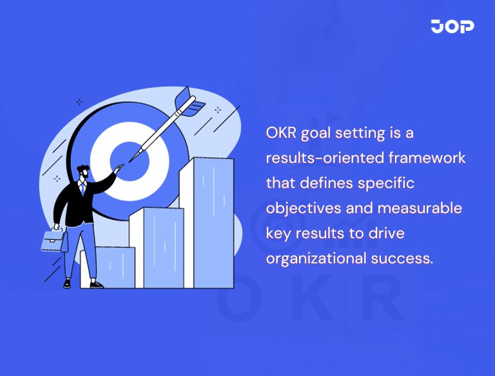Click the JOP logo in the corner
point(452,26)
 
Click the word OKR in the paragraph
point(281,133)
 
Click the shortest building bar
point(116,267)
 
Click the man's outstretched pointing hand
point(117,169)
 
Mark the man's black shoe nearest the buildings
point(96,284)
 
